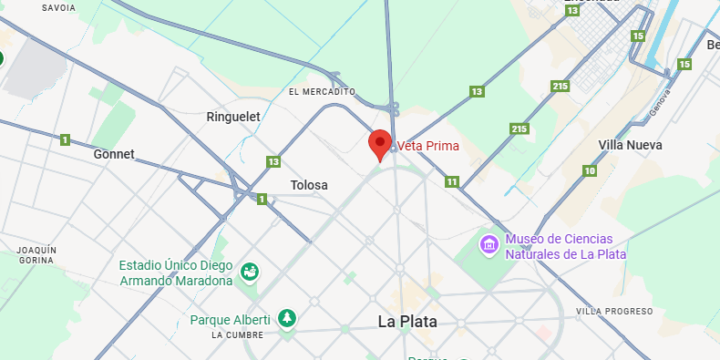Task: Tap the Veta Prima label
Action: click(428, 146)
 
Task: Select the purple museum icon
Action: click(489, 244)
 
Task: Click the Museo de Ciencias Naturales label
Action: click(565, 246)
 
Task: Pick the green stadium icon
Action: click(249, 272)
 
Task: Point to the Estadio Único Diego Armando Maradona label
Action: click(177, 273)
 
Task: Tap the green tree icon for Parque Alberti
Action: click(288, 318)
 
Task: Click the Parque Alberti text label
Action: click(230, 320)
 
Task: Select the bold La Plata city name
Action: click(407, 322)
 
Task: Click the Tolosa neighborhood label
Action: click(309, 185)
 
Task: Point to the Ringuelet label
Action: click(233, 117)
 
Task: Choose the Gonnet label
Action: click(114, 154)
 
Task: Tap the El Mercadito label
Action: click(321, 92)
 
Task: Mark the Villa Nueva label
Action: click(630, 145)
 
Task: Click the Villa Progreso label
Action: click(615, 312)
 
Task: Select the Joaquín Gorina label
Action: click(36, 255)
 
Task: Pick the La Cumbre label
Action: click(237, 334)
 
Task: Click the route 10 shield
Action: click(591, 171)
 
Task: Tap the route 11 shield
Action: click(452, 182)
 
